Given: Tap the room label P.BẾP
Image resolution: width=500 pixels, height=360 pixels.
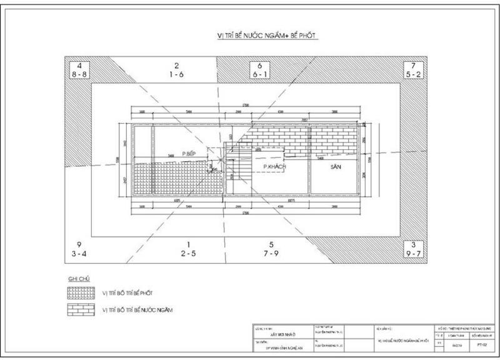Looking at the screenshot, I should click(190, 153).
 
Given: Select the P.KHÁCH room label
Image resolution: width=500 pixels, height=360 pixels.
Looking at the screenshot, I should click(274, 167).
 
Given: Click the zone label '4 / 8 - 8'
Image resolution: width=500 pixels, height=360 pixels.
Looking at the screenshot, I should click(79, 69).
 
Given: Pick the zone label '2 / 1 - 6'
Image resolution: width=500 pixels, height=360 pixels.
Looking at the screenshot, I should click(177, 69).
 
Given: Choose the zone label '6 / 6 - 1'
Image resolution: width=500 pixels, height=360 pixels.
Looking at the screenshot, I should click(260, 69).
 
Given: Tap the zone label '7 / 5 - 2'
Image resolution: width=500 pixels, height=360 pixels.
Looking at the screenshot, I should click(413, 69).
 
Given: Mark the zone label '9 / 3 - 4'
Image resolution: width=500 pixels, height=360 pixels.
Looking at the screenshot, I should click(79, 248).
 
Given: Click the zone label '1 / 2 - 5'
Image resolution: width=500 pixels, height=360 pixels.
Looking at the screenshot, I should click(188, 248).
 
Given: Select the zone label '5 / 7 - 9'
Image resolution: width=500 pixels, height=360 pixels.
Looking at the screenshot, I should click(271, 248).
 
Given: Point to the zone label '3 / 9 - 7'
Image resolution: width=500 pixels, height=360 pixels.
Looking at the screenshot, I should click(413, 248).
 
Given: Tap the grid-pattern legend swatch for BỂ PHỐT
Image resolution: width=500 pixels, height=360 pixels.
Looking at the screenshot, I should click(80, 292).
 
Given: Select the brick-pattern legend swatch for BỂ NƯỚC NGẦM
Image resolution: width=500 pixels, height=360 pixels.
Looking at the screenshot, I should click(80, 309).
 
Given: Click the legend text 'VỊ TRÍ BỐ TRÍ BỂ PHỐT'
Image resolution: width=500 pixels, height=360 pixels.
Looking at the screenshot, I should click(127, 292).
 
